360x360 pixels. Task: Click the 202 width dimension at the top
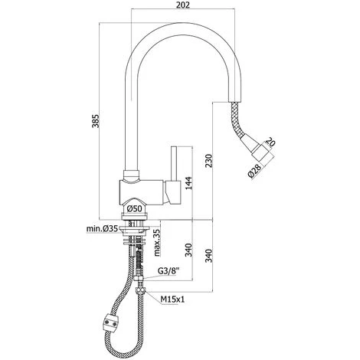[183, 5]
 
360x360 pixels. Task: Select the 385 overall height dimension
[96, 121]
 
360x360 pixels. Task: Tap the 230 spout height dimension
[209, 161]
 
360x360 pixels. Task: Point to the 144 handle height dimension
[188, 183]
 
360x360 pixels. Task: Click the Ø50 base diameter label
[134, 208]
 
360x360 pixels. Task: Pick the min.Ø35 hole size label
[102, 229]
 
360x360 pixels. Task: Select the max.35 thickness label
[157, 242]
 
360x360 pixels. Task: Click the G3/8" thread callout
[169, 271]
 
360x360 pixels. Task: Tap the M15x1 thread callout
[172, 299]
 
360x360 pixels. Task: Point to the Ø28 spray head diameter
[254, 171]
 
